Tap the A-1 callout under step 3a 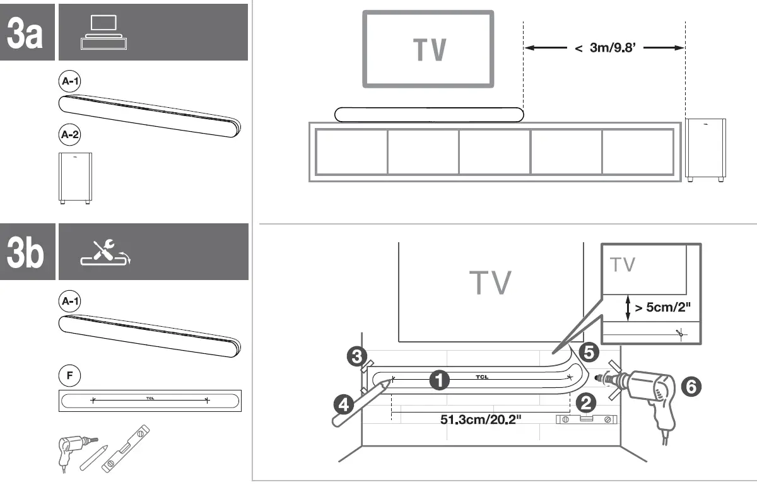[69, 82]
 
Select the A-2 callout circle [69, 134]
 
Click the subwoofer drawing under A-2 [73, 178]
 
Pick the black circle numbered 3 [356, 356]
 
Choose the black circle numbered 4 [344, 404]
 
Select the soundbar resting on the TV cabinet [429, 114]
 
